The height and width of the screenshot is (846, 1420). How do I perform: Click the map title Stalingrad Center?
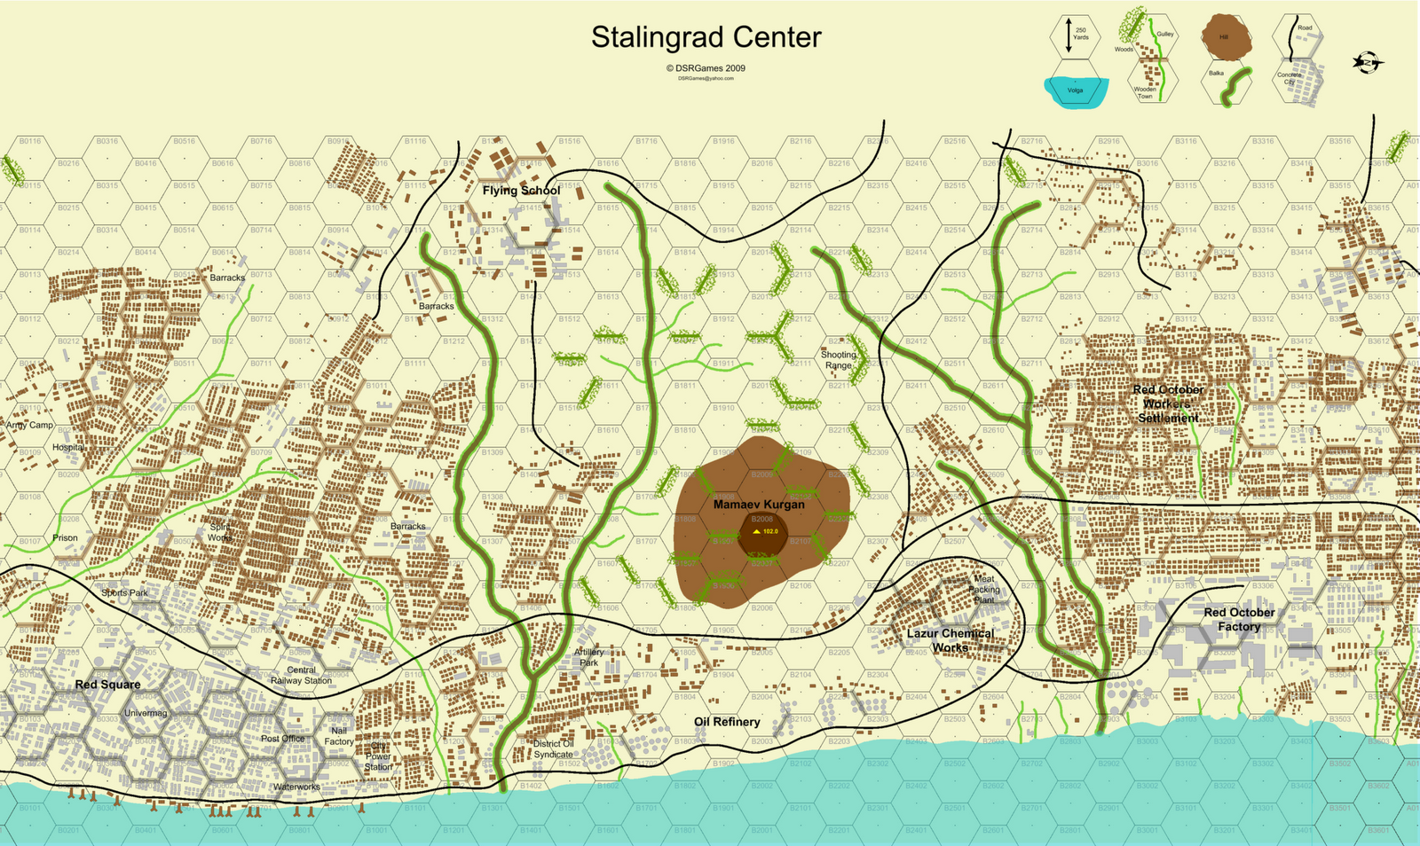[x=706, y=38]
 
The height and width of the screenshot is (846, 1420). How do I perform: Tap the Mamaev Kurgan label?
[x=759, y=505]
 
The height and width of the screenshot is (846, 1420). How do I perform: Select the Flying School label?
[x=521, y=191]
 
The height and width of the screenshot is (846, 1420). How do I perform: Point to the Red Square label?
[x=107, y=685]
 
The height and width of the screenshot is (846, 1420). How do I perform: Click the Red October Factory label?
[x=1239, y=619]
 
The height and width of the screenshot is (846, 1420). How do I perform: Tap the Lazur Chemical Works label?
[x=950, y=640]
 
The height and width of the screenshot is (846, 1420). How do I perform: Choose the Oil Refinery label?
[x=727, y=722]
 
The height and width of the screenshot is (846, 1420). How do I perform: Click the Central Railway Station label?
[x=301, y=676]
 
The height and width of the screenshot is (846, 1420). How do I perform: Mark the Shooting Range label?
[x=838, y=360]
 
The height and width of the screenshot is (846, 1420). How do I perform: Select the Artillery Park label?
[x=588, y=657]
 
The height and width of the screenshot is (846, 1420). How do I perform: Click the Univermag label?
[x=146, y=713]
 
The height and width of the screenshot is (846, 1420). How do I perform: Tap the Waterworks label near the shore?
[x=296, y=787]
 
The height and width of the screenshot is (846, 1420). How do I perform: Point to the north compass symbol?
[x=1368, y=63]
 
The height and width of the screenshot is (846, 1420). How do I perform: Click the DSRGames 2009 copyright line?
[x=706, y=68]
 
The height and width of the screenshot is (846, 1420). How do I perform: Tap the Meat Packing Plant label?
[x=983, y=589]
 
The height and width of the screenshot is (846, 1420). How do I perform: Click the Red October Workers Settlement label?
[x=1168, y=403]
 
